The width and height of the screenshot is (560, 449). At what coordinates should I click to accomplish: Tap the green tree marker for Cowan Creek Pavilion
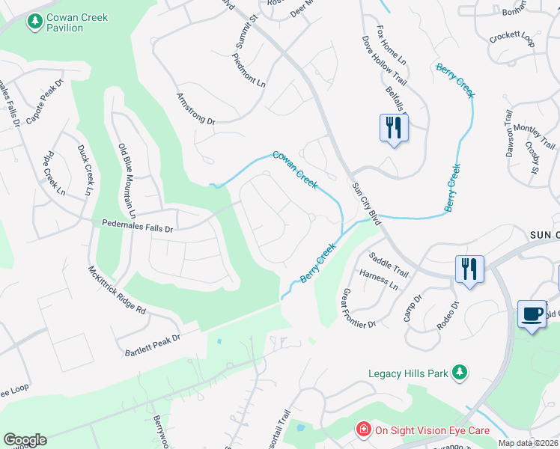tap(34, 22)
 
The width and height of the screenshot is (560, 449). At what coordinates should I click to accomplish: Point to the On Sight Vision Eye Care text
tap(432, 430)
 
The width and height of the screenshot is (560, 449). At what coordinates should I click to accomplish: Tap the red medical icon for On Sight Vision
tap(363, 430)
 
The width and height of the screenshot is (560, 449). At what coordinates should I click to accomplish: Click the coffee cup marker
tap(531, 314)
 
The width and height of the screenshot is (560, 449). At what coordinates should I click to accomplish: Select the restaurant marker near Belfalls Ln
tap(392, 127)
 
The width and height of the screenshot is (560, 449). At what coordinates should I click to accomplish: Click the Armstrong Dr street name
tap(195, 109)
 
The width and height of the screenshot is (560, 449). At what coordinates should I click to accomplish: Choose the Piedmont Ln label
tap(249, 70)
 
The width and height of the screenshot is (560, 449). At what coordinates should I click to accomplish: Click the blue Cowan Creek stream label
tap(295, 169)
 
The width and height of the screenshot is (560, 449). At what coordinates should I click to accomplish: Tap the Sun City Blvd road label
tap(367, 203)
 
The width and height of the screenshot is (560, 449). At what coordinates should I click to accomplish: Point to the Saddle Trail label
tap(389, 263)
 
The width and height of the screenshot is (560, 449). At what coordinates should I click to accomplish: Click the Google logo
tap(25, 440)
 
